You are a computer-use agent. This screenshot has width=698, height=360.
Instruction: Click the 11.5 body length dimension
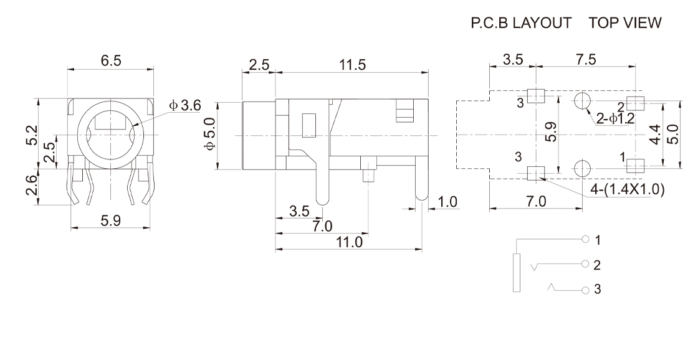tap(352, 65)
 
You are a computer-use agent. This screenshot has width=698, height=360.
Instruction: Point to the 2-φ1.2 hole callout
tap(614, 119)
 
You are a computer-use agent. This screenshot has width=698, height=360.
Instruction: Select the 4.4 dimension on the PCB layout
tap(654, 134)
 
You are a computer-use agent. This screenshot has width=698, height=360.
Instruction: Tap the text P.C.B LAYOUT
tap(522, 23)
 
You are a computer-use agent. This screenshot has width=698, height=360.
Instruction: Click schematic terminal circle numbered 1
tap(585, 240)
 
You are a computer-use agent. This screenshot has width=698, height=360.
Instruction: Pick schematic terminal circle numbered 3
tap(585, 290)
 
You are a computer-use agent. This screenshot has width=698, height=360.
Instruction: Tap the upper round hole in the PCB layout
tap(583, 101)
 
